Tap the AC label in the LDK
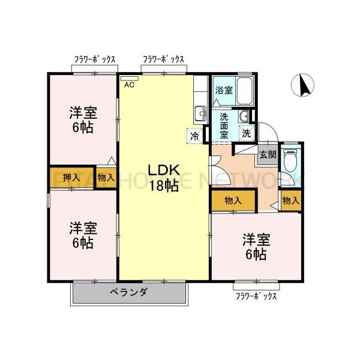(x=129, y=85)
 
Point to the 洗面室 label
(x=224, y=126)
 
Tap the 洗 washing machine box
(x=246, y=133)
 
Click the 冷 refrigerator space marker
(x=195, y=136)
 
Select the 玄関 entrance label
(x=267, y=154)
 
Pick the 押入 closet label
(x=71, y=178)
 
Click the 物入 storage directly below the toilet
(x=290, y=201)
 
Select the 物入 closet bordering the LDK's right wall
(x=233, y=201)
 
